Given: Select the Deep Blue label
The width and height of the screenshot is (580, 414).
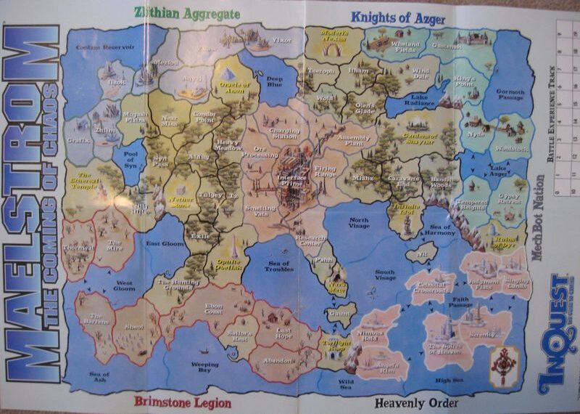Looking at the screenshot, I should click(x=275, y=81).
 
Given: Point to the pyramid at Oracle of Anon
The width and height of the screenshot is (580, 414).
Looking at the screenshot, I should click(x=227, y=74).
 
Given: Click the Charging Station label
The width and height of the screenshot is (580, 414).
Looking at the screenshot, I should click(x=274, y=133).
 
